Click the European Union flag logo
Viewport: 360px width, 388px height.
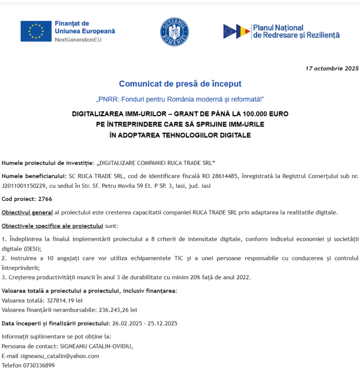pyautogui.click(x=36, y=31)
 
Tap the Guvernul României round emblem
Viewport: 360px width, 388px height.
pyautogui.click(x=174, y=31)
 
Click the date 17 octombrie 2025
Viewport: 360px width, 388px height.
pyautogui.click(x=332, y=68)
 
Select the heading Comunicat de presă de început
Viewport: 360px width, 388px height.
pyautogui.click(x=180, y=84)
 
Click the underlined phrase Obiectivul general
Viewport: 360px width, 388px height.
pyautogui.click(x=27, y=212)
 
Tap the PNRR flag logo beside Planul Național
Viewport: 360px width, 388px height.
pyautogui.click(x=237, y=31)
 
